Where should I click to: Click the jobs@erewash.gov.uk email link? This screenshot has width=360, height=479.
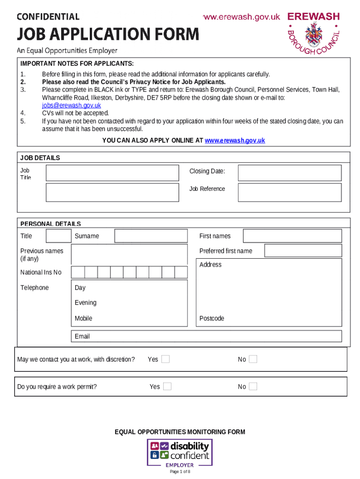[x=72, y=106]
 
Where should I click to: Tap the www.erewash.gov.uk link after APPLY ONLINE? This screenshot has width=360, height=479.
[x=235, y=140]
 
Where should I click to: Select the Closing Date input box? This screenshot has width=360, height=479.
[x=289, y=173]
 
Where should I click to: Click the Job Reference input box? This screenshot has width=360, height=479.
[x=289, y=192]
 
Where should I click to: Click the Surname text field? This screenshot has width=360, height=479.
[x=151, y=236]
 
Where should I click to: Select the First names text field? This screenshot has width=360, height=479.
[x=292, y=236]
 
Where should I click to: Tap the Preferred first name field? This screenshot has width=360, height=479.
[x=302, y=251]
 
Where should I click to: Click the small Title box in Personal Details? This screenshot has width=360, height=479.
[x=58, y=236]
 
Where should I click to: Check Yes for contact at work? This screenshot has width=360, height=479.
[x=166, y=359]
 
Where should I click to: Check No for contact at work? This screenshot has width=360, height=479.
[x=253, y=359]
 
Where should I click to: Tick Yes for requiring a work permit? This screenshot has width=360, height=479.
[x=167, y=386]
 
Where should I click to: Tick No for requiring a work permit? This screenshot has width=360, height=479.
[x=253, y=386]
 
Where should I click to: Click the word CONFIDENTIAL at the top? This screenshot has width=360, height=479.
[x=48, y=17]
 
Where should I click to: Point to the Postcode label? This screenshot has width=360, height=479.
[x=212, y=319]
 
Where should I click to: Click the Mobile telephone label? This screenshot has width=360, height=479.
[x=84, y=319]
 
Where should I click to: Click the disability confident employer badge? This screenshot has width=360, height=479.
[x=180, y=452]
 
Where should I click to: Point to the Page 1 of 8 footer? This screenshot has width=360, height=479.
[x=180, y=472]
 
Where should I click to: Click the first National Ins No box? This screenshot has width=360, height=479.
[x=78, y=272]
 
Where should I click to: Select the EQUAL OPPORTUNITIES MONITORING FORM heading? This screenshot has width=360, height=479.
[x=180, y=432]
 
